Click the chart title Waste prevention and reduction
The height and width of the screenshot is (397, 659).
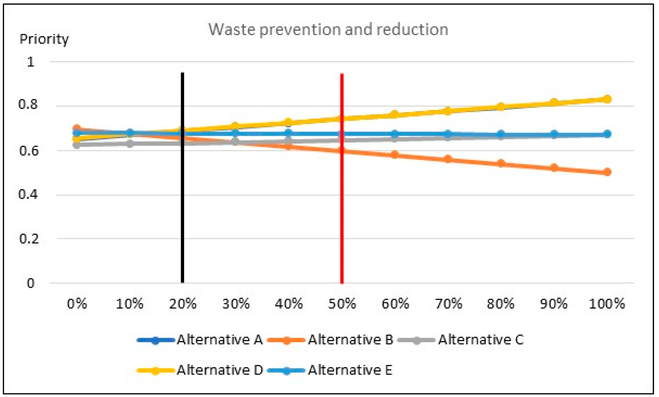(328, 30)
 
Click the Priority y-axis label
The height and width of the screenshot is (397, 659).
(44, 39)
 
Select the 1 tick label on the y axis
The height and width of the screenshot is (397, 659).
(31, 62)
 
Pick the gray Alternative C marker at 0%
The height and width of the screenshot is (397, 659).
(77, 145)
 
